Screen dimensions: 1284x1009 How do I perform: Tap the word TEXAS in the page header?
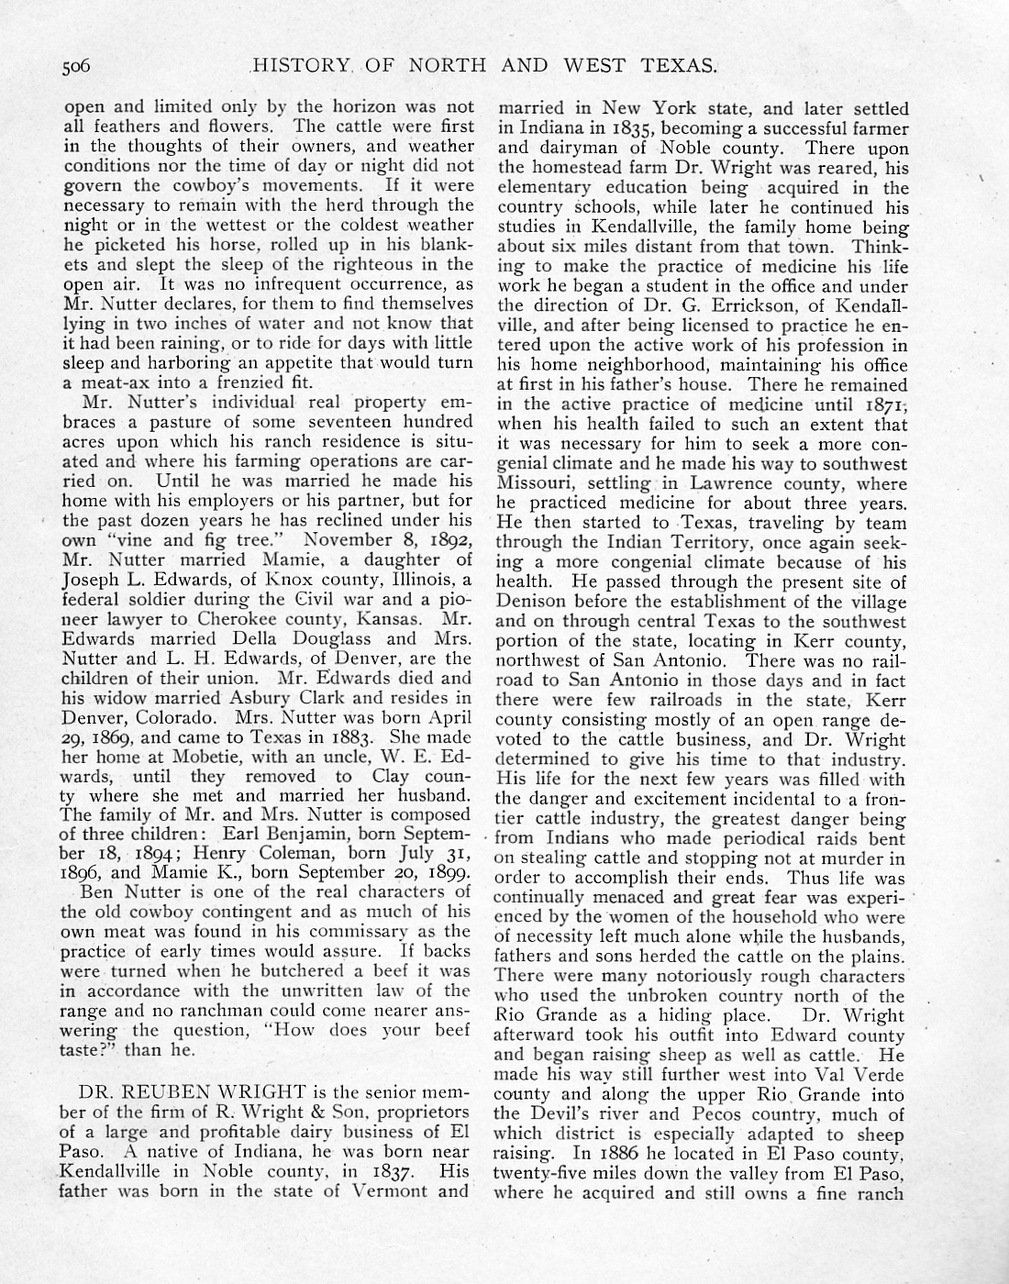[x=674, y=65]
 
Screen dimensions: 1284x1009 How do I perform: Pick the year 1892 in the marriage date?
[x=449, y=539]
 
